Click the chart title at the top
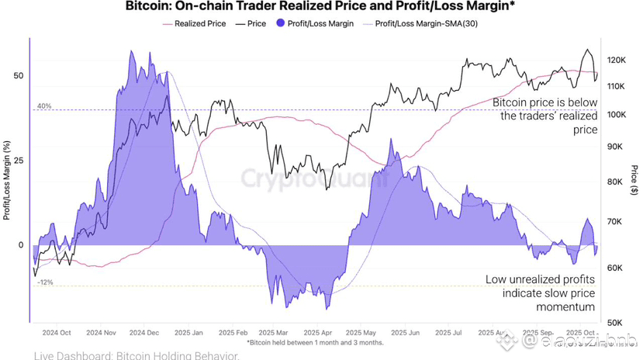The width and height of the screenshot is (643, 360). pyautogui.click(x=322, y=8)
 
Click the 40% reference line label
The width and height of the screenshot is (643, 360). pyautogui.click(x=43, y=106)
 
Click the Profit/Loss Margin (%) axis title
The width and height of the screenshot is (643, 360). pyautogui.click(x=7, y=178)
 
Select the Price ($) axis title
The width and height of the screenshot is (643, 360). pyautogui.click(x=634, y=178)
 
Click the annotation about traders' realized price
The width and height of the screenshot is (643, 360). pyautogui.click(x=545, y=116)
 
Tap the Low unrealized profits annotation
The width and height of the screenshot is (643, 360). pyautogui.click(x=540, y=292)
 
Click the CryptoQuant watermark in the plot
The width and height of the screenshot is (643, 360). pyautogui.click(x=311, y=179)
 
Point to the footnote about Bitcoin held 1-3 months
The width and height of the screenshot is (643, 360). pyautogui.click(x=315, y=342)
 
